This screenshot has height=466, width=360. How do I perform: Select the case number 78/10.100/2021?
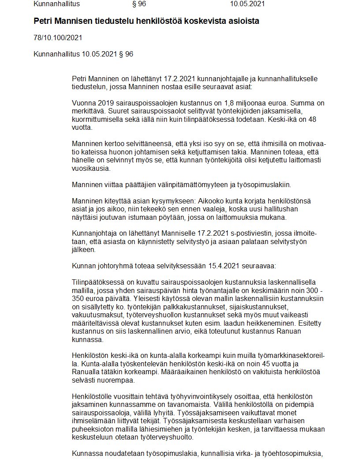click(58, 38)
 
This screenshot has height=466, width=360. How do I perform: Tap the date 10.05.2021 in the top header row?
click(247, 4)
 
